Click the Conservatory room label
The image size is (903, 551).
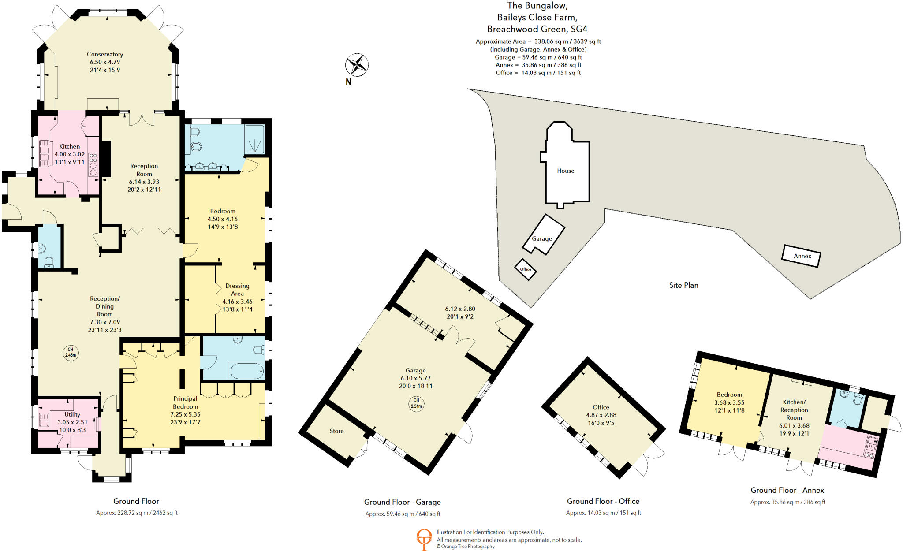pos(104,55)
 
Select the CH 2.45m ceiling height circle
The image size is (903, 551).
pos(71,352)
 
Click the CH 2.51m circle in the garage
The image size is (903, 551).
pos(416,403)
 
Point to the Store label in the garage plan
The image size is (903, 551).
pos(336,431)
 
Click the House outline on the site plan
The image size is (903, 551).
pos(565,171)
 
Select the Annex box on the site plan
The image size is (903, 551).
pos(801,256)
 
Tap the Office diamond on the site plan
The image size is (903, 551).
pos(526,269)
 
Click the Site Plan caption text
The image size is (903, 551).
pos(683,285)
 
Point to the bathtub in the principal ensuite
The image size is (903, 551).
pos(246,371)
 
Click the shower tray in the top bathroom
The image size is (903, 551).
pos(255,139)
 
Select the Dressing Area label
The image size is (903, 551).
pos(237,290)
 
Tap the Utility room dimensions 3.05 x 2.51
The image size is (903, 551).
pos(72,422)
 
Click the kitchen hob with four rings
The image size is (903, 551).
pos(93,164)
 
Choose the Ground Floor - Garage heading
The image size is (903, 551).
pos(402,502)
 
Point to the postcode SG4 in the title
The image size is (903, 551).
pos(578,29)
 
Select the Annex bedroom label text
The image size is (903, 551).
pos(729,395)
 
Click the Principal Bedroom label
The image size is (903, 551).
pos(185,402)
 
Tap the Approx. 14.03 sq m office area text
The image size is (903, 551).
pos(603,513)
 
